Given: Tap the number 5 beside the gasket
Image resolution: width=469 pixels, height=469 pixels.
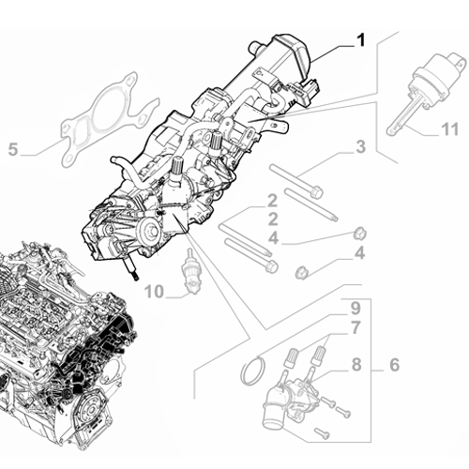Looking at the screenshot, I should tap(12, 148).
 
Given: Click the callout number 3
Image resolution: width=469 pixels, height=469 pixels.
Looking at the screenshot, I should tap(358, 146).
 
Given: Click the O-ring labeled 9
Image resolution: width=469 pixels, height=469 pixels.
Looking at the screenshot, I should tap(250, 372).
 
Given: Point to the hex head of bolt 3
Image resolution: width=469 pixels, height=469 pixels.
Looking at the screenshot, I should tap(315, 193).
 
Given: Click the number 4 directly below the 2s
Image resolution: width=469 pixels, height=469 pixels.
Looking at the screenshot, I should tap(271, 238).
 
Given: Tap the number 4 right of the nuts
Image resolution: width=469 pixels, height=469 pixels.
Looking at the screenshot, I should tap(358, 253).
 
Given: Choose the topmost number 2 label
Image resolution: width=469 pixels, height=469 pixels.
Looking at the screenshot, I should tap(271, 201).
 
